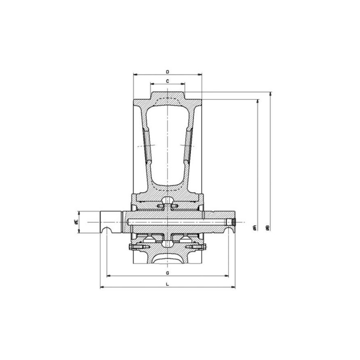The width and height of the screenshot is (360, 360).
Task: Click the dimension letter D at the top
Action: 167,72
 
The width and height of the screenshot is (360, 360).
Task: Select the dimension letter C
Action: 167,81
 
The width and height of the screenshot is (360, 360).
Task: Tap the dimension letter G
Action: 167,273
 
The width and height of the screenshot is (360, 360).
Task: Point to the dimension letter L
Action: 167,284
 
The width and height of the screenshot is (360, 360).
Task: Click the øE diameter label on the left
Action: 76,222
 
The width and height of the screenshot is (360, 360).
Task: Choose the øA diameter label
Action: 254,228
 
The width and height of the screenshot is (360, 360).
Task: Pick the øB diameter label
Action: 267,228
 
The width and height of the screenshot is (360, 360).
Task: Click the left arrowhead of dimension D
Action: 135,74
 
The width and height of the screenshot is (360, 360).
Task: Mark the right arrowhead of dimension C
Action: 183,84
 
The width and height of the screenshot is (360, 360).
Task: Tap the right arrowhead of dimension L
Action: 233,287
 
